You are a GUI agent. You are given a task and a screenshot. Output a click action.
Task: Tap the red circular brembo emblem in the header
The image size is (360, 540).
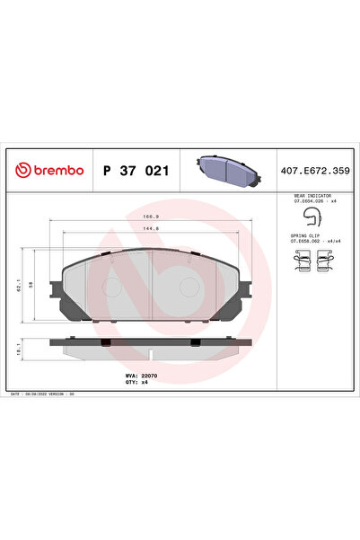(20, 170)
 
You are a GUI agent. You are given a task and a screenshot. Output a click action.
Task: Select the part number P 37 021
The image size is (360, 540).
(136, 170)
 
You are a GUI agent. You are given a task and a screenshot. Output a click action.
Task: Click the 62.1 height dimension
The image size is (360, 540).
(18, 283)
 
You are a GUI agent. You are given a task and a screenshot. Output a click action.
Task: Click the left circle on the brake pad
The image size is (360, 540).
(110, 288)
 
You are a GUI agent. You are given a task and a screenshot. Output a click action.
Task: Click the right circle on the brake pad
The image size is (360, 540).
(191, 288)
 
